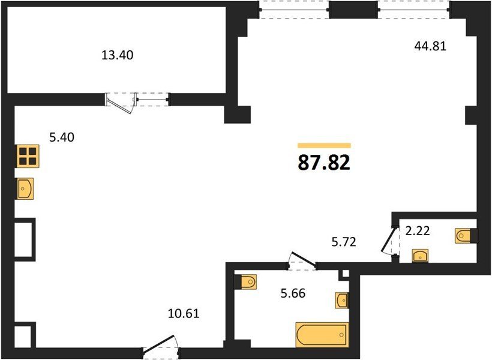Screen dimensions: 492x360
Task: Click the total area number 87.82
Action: (324, 163)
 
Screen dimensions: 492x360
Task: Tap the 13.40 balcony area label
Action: (118, 55)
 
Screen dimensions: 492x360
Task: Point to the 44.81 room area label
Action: (430, 46)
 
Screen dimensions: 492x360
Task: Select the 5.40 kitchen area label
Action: (62, 137)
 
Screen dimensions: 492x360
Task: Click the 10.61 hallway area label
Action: (184, 314)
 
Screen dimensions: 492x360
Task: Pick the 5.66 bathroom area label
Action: (293, 293)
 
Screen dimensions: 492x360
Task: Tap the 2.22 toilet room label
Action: (418, 231)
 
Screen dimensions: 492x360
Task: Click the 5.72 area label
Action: (344, 242)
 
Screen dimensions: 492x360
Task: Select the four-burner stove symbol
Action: (28, 156)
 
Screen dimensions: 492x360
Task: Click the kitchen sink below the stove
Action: (25, 188)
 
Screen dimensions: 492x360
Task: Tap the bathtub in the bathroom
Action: (322, 335)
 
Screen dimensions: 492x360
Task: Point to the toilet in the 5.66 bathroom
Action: (245, 281)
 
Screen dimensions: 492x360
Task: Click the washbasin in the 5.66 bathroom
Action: (341, 301)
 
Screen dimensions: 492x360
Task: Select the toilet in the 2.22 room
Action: (467, 236)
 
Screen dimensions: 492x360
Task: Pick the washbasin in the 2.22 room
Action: (420, 256)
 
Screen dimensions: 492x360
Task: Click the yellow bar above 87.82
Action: (324, 145)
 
